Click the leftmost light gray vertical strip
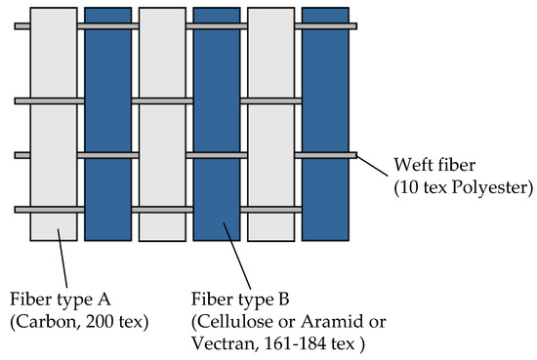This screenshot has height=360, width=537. coord(53,127)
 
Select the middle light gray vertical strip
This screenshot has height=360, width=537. coord(161,127)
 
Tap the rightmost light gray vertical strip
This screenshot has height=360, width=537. coord(270,127)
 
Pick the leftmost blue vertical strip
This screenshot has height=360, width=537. coord(107,127)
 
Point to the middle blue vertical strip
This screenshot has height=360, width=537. coord(216,127)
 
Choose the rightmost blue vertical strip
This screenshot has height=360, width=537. coord(325,127)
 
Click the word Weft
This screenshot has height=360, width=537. coord(409,164)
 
